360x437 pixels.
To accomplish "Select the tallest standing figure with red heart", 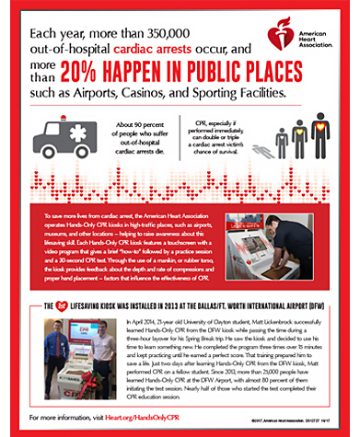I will [x=319, y=131].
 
